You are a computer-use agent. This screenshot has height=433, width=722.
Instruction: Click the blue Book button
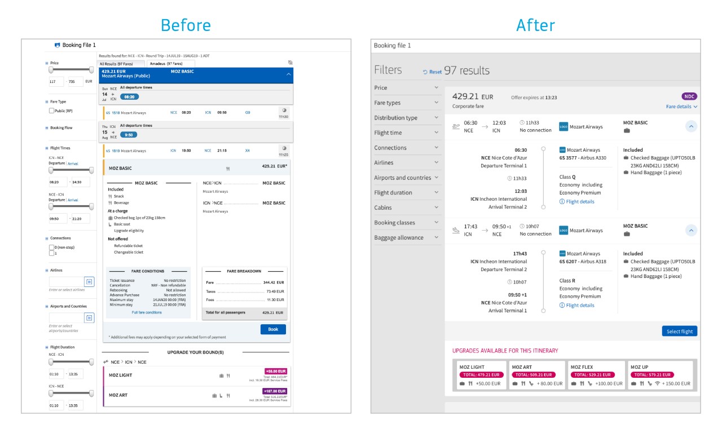tap(273, 329)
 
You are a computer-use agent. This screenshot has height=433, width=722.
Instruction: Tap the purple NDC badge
tap(689, 96)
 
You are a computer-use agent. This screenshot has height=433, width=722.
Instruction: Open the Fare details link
tap(681, 107)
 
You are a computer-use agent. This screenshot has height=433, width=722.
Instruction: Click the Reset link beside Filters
tap(433, 72)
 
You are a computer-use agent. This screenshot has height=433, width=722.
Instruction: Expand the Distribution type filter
tap(406, 118)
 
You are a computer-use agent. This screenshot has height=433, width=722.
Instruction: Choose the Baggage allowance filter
tap(406, 237)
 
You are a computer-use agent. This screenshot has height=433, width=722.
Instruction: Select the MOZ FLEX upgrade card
tap(597, 375)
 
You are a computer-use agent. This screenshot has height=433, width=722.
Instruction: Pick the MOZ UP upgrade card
tap(660, 375)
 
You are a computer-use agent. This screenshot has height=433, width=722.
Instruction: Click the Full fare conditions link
tap(147, 312)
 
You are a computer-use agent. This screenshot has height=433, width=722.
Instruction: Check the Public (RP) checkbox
tap(52, 111)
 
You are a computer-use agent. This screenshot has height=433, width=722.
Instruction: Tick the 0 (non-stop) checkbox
tap(52, 248)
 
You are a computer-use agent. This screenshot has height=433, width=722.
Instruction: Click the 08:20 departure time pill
tap(129, 97)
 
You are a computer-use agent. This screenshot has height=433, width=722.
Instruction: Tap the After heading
tap(535, 25)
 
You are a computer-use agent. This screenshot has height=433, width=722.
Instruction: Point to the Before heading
tap(186, 25)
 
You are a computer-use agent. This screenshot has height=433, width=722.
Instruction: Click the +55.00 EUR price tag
tap(276, 371)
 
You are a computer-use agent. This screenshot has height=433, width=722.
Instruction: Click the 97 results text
tap(467, 70)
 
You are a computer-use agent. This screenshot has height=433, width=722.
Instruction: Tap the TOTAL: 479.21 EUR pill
tap(481, 374)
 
